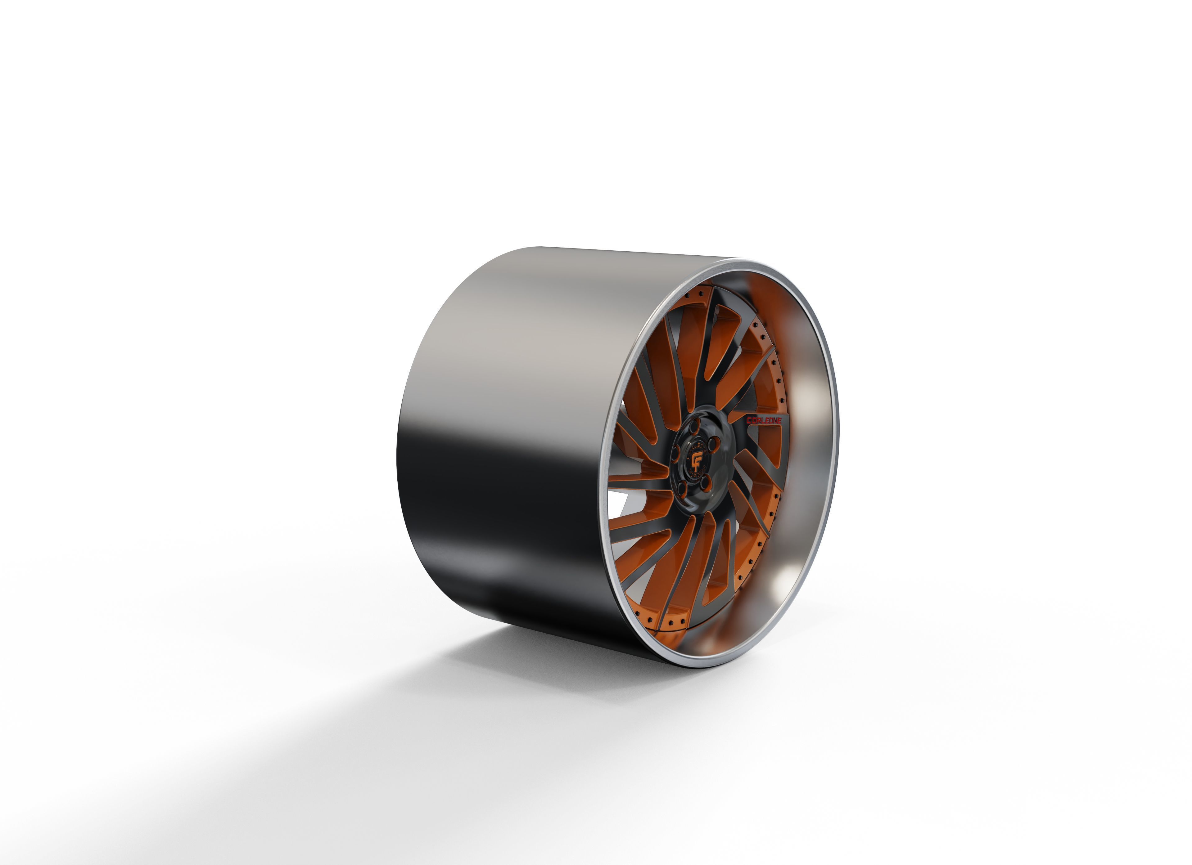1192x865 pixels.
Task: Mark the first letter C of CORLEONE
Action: point(749,420)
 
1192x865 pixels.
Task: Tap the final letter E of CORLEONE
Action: point(779,421)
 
